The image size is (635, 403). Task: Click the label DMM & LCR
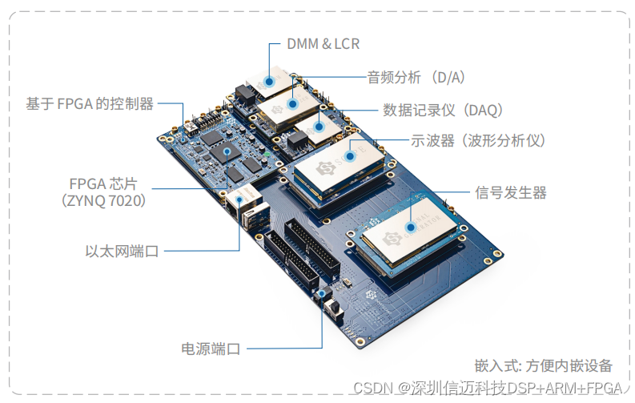(323, 44)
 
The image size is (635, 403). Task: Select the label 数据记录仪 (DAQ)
(442, 109)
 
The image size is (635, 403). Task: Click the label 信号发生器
(510, 192)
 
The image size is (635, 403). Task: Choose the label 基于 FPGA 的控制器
(89, 103)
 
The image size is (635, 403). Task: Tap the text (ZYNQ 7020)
(104, 200)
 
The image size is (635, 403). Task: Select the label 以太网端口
(122, 251)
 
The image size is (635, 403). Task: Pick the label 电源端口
(211, 349)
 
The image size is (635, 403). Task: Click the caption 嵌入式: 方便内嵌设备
(543, 365)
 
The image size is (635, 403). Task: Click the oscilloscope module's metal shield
(340, 169)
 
